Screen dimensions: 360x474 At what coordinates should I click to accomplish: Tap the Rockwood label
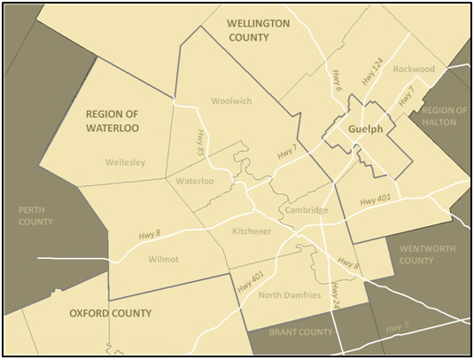click(x=415, y=69)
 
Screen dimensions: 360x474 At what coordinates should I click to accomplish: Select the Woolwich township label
click(x=231, y=101)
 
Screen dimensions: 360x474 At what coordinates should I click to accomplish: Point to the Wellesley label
click(x=125, y=162)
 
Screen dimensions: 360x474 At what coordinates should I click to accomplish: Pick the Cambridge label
click(x=307, y=210)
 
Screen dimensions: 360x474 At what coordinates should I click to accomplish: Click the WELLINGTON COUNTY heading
click(x=258, y=30)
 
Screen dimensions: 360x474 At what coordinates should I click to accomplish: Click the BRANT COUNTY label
click(x=302, y=333)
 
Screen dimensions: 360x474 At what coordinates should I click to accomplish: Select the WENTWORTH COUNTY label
click(x=429, y=254)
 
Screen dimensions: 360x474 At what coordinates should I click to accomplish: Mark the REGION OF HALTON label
click(x=444, y=115)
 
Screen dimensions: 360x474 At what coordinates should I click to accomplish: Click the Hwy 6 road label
click(x=338, y=80)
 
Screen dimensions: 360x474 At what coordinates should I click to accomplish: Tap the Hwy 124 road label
click(x=372, y=71)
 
